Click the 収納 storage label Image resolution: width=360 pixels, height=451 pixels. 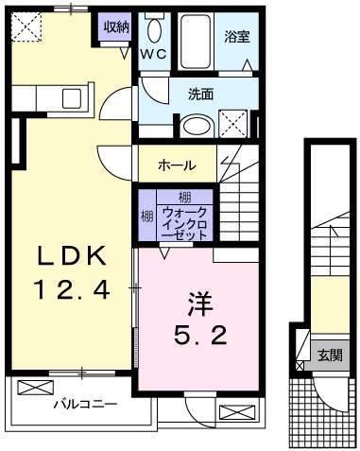116,26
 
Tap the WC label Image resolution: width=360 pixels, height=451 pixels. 153,54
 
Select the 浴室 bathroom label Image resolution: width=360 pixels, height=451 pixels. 235,37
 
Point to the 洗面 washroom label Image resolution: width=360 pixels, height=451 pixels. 199,95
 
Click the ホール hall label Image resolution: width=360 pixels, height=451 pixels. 177,165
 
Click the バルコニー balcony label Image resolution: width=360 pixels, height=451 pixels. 85,404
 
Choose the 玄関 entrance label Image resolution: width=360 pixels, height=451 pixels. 330,356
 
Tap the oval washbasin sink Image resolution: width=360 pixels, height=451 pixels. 197,125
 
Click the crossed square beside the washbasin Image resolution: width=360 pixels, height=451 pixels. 233,123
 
